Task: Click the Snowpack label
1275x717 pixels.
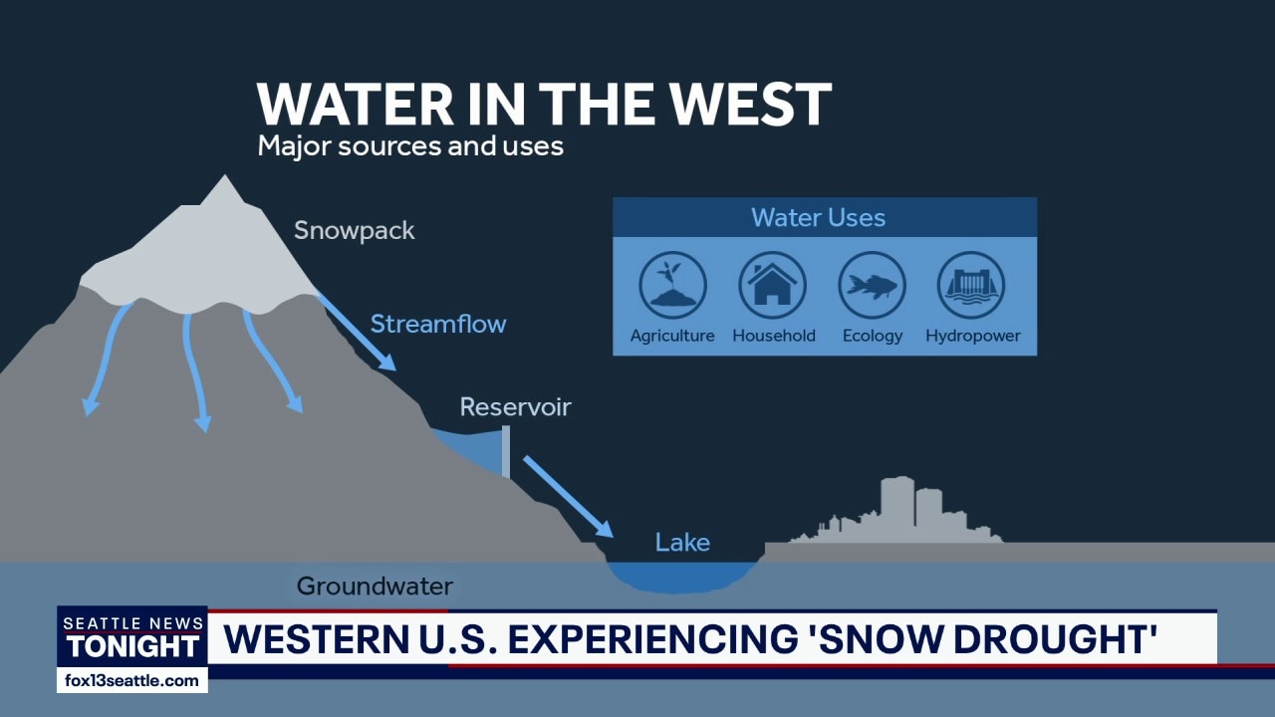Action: tap(354, 231)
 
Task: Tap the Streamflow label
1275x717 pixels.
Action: tap(438, 324)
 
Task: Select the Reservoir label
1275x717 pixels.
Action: tap(515, 407)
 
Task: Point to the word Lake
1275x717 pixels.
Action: tap(682, 543)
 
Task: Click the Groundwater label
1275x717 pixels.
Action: tap(375, 587)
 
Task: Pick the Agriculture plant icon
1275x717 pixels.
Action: tap(672, 285)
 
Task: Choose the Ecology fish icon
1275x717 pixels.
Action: tap(872, 285)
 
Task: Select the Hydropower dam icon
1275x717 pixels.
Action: tap(971, 285)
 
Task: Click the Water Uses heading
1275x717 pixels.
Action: tap(819, 217)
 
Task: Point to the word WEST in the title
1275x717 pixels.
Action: tap(750, 105)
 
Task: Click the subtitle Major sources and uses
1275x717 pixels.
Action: tap(410, 146)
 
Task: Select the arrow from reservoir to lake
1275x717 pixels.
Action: tap(568, 497)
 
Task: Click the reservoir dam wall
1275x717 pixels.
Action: tap(505, 451)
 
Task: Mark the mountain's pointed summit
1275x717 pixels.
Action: tap(224, 175)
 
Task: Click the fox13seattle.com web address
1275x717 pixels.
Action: tap(132, 680)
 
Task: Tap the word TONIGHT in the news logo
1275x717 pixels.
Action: tap(133, 646)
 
